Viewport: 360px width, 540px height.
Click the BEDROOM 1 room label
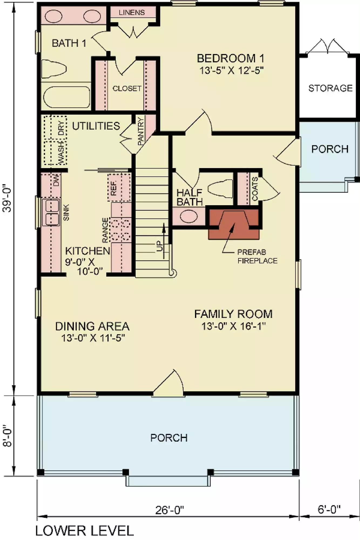(230, 58)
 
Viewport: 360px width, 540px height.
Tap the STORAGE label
(330, 88)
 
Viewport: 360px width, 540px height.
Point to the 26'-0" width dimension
(170, 510)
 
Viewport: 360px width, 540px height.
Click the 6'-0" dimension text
(329, 509)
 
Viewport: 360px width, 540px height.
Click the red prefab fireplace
(234, 224)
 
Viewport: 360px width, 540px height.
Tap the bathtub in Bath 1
(66, 97)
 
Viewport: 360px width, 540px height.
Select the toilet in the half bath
(220, 188)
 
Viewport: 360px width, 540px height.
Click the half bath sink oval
(189, 217)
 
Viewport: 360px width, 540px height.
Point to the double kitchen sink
(51, 212)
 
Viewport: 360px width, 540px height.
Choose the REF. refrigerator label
(114, 188)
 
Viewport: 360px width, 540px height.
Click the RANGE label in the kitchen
(105, 230)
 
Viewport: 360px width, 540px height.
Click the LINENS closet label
(132, 12)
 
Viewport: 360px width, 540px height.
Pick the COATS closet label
(255, 189)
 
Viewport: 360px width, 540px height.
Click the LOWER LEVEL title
(85, 531)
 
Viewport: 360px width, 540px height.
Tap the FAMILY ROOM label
(233, 314)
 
